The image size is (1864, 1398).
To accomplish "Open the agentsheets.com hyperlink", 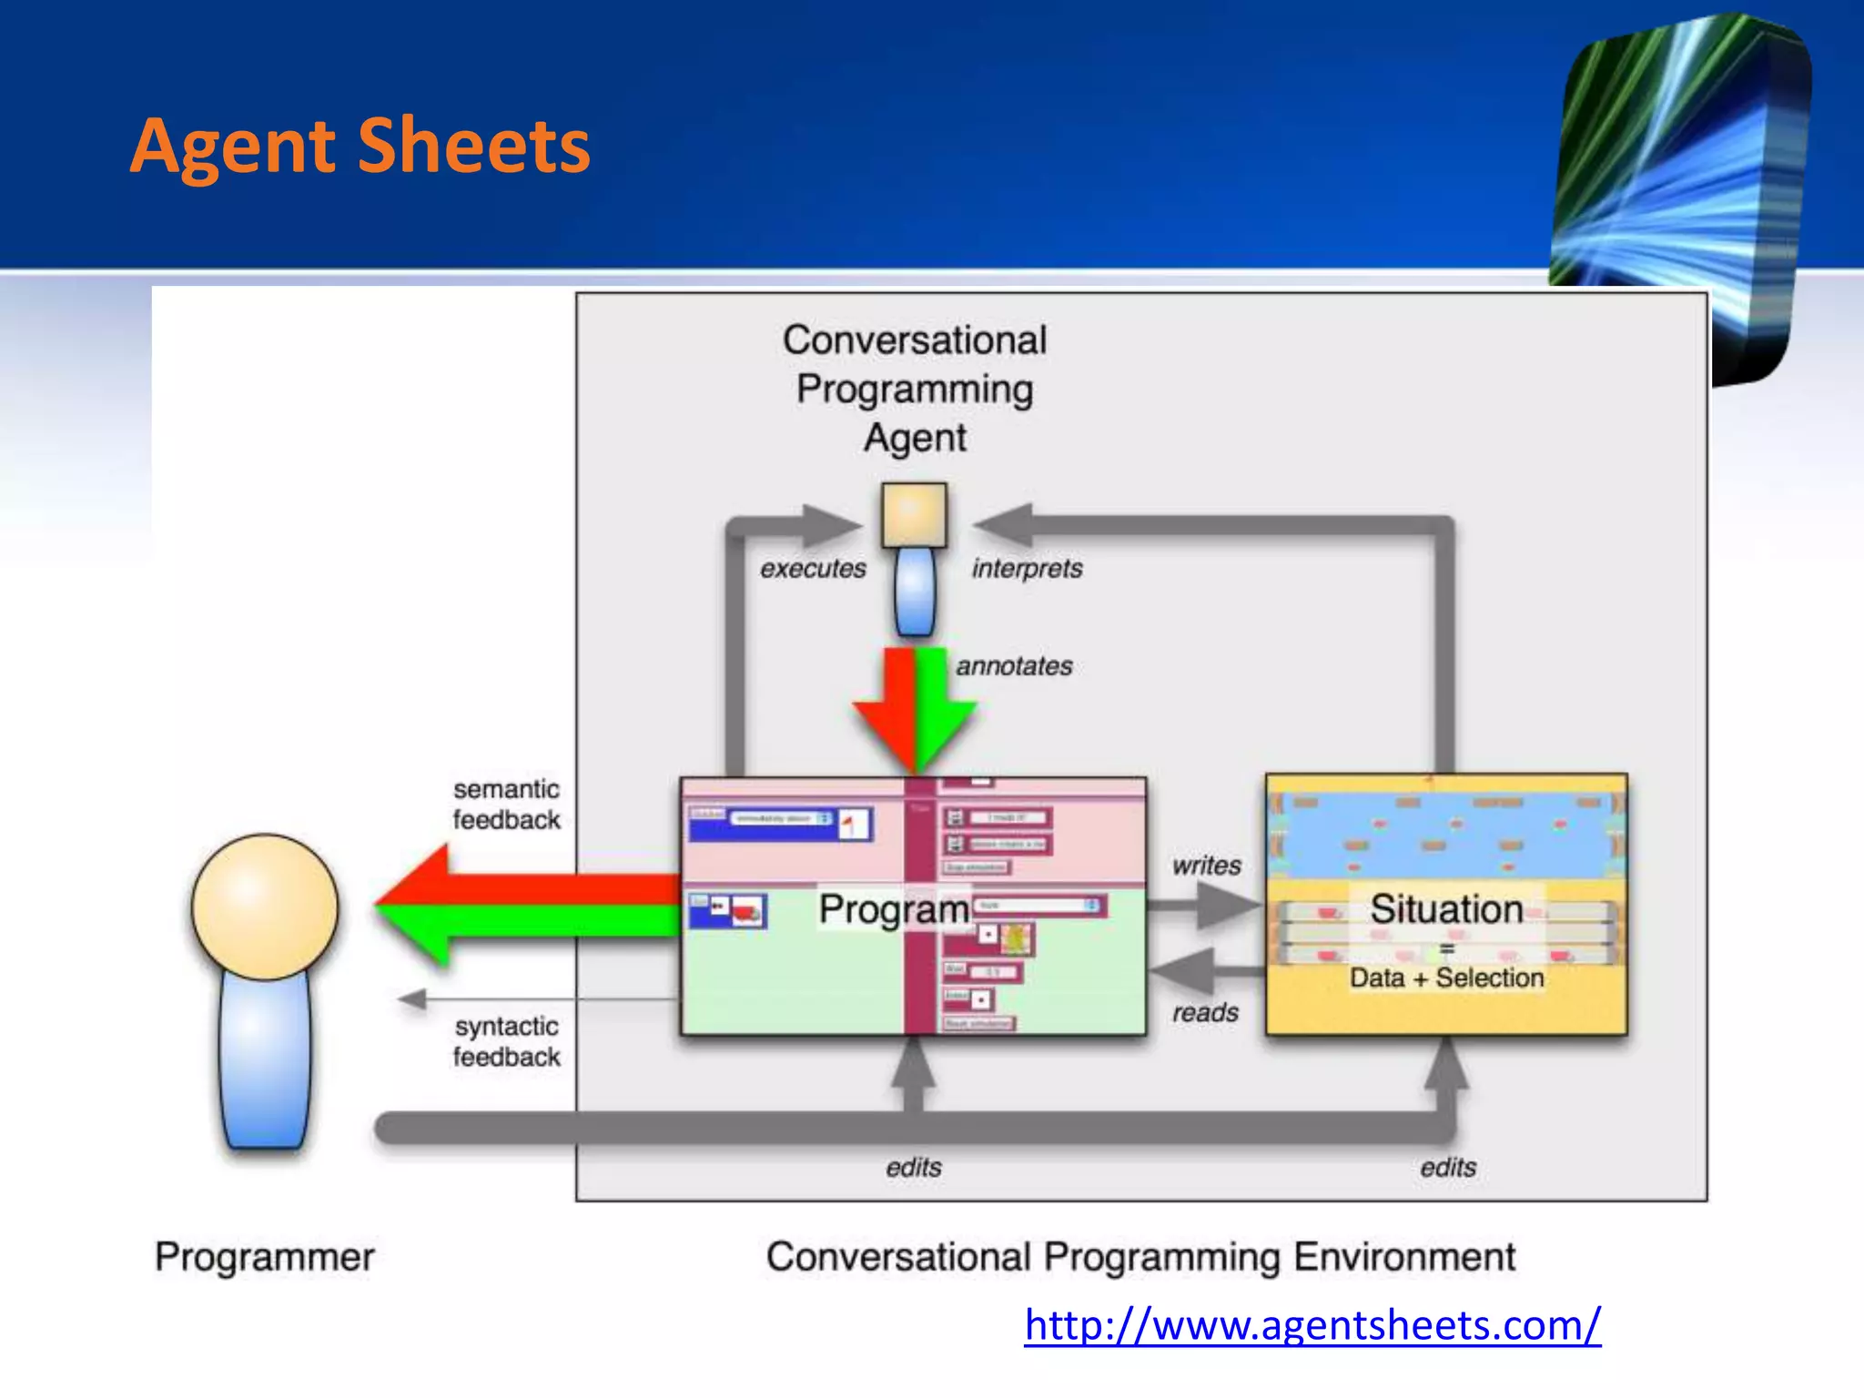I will (x=1312, y=1325).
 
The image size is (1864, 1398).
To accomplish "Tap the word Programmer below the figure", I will (x=264, y=1257).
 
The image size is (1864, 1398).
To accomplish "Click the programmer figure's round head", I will (x=265, y=907).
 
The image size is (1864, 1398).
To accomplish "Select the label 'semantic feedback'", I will (x=506, y=805).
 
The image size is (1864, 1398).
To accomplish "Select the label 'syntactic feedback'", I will (x=506, y=1041).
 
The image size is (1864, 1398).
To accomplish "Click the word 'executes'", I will (x=813, y=569).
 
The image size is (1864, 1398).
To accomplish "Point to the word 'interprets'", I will (x=1027, y=569).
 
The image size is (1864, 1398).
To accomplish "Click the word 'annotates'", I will (x=1014, y=666).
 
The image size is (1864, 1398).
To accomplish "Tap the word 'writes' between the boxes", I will (x=1206, y=866).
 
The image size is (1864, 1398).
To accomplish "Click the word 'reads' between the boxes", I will (x=1205, y=1012).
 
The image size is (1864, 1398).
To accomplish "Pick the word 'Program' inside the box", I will (x=894, y=909).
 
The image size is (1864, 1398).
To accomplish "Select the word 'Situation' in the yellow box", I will (x=1446, y=909).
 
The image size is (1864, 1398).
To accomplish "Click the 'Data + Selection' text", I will (x=1446, y=978).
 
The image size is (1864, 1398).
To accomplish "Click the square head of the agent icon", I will (x=914, y=515).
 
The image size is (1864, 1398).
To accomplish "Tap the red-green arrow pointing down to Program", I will (x=915, y=710).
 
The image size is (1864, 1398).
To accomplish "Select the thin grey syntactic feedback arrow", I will (x=537, y=999).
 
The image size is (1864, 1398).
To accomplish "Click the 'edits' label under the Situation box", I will (x=1447, y=1167).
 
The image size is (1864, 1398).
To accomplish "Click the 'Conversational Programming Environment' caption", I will (x=1140, y=1257).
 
